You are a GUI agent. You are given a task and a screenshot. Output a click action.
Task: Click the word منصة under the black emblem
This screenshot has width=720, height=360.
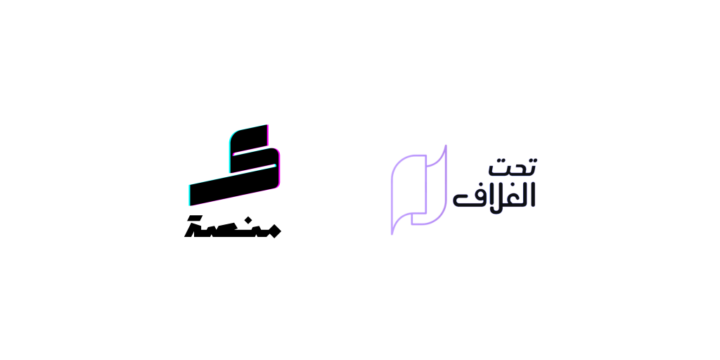[232, 226]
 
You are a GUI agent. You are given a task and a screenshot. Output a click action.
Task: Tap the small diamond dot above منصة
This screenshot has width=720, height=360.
[248, 219]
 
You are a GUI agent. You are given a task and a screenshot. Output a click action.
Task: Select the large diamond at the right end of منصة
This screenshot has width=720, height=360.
[274, 231]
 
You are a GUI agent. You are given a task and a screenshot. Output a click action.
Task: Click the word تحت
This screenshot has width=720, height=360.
[513, 167]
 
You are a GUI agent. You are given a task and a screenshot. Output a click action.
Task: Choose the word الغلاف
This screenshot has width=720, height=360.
[494, 195]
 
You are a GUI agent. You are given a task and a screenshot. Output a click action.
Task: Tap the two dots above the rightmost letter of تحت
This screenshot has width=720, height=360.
[532, 160]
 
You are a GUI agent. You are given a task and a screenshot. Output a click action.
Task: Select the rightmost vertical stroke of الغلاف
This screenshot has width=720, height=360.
[533, 195]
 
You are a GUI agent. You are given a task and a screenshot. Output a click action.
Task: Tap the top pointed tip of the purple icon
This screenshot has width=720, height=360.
[446, 146]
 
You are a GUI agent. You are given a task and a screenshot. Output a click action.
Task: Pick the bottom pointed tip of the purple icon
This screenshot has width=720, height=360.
[392, 233]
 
